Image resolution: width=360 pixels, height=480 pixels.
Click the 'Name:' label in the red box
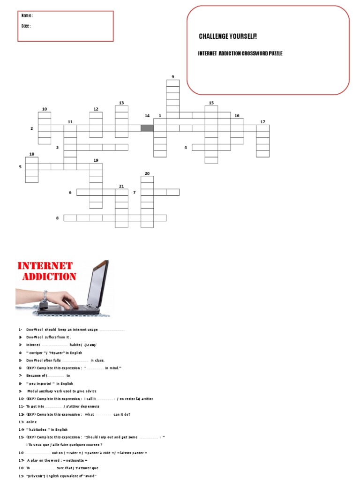27,15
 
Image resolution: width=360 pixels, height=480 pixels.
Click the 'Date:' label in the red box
26,26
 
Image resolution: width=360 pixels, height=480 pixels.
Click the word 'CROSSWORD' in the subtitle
254,54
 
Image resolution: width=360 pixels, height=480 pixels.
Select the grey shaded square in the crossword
147,128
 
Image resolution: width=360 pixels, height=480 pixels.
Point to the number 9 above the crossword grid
172,77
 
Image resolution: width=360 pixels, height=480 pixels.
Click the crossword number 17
262,122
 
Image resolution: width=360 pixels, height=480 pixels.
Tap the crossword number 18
32,154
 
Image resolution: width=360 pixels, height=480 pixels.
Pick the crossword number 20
147,173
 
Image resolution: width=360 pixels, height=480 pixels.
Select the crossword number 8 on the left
58,218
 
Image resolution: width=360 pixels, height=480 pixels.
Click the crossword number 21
121,186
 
